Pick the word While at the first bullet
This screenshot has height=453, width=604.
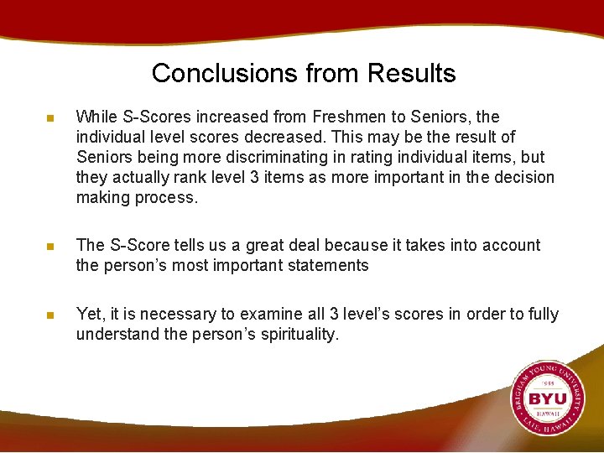(96, 117)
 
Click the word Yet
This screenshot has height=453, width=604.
(89, 314)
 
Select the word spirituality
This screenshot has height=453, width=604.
(285, 334)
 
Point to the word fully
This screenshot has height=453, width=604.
(541, 314)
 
